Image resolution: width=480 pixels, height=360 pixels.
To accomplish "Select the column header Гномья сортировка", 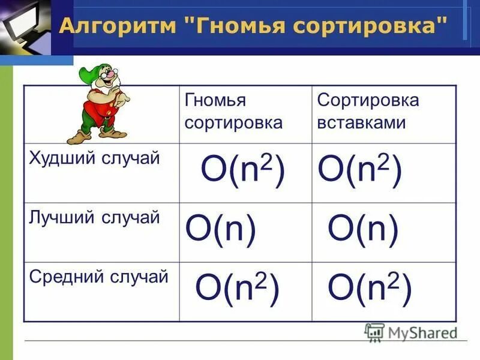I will click(x=233, y=112).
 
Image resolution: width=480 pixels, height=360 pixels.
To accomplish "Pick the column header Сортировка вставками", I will click(x=368, y=112).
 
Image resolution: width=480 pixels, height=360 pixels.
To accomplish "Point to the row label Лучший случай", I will click(x=94, y=217).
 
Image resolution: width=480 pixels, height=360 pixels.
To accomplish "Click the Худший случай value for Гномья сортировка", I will click(x=242, y=170).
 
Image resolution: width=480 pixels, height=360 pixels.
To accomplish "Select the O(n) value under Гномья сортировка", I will click(x=221, y=229).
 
